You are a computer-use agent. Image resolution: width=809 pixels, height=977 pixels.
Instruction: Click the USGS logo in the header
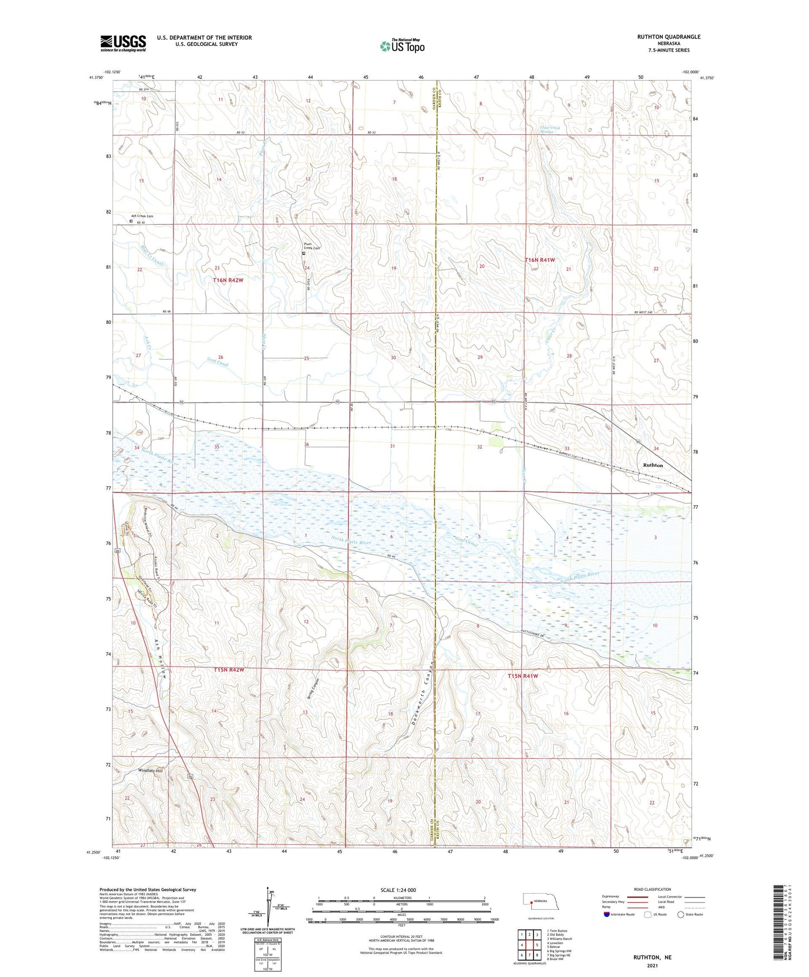(x=123, y=43)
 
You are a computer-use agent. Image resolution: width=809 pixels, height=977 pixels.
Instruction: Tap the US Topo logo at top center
(x=401, y=45)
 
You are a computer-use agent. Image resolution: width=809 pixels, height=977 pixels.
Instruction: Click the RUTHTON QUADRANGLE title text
(x=668, y=37)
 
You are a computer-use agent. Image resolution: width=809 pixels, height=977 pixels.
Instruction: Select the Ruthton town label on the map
(x=653, y=465)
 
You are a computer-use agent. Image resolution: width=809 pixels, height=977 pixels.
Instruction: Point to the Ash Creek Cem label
(x=142, y=216)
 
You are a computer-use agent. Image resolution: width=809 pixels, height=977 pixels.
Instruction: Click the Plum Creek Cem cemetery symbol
(x=304, y=253)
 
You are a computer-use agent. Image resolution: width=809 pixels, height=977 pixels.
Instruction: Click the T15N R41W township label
(x=522, y=676)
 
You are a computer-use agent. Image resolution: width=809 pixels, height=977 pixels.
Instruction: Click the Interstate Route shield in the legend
(x=607, y=914)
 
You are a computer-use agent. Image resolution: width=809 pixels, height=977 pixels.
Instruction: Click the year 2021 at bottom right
(x=652, y=965)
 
